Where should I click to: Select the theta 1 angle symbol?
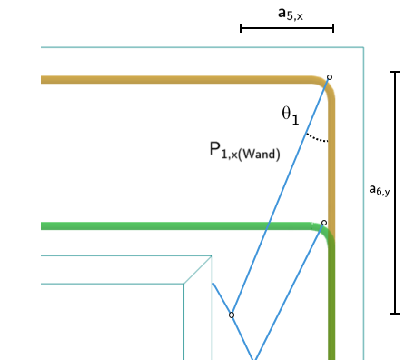pyautogui.click(x=291, y=115)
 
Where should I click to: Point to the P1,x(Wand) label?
pyautogui.click(x=244, y=151)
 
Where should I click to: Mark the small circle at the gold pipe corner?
pyautogui.click(x=329, y=77)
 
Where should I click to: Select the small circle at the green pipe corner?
pyautogui.click(x=324, y=222)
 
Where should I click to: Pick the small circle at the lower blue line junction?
pyautogui.click(x=232, y=315)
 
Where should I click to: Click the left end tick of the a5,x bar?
pyautogui.click(x=241, y=28)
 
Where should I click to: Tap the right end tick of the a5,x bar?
pyautogui.click(x=333, y=28)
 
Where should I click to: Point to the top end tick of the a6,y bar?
pyautogui.click(x=394, y=72)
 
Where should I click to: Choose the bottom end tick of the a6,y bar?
pyautogui.click(x=394, y=314)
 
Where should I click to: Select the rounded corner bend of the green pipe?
pyautogui.click(x=327, y=232)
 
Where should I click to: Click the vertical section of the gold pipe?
pyautogui.click(x=331, y=164)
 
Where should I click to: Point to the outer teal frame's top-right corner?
pyautogui.click(x=363, y=48)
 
